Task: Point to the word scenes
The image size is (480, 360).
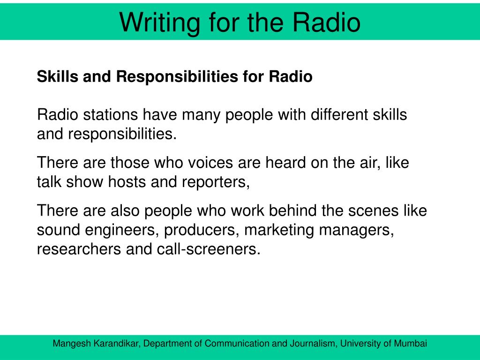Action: coord(373,211)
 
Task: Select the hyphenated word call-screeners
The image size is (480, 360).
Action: coord(209,249)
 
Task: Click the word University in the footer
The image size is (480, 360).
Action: coord(360,344)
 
